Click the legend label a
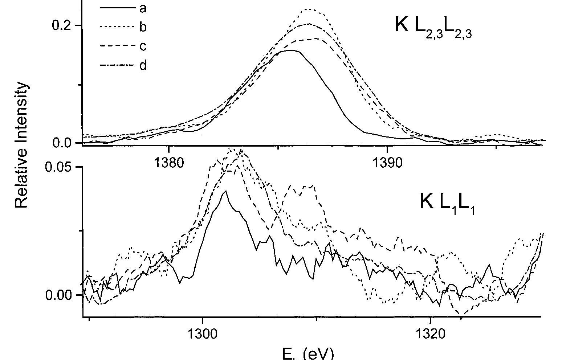[x=143, y=8]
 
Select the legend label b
[x=143, y=27]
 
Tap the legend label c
[x=143, y=46]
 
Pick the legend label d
[x=143, y=66]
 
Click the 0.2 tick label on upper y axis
[x=62, y=26]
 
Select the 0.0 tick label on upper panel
[x=62, y=143]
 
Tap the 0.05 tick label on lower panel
[x=59, y=167]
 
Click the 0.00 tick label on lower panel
[x=59, y=295]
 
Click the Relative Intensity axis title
[x=21, y=145]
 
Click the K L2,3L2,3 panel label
[x=433, y=26]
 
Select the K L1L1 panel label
[x=447, y=202]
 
